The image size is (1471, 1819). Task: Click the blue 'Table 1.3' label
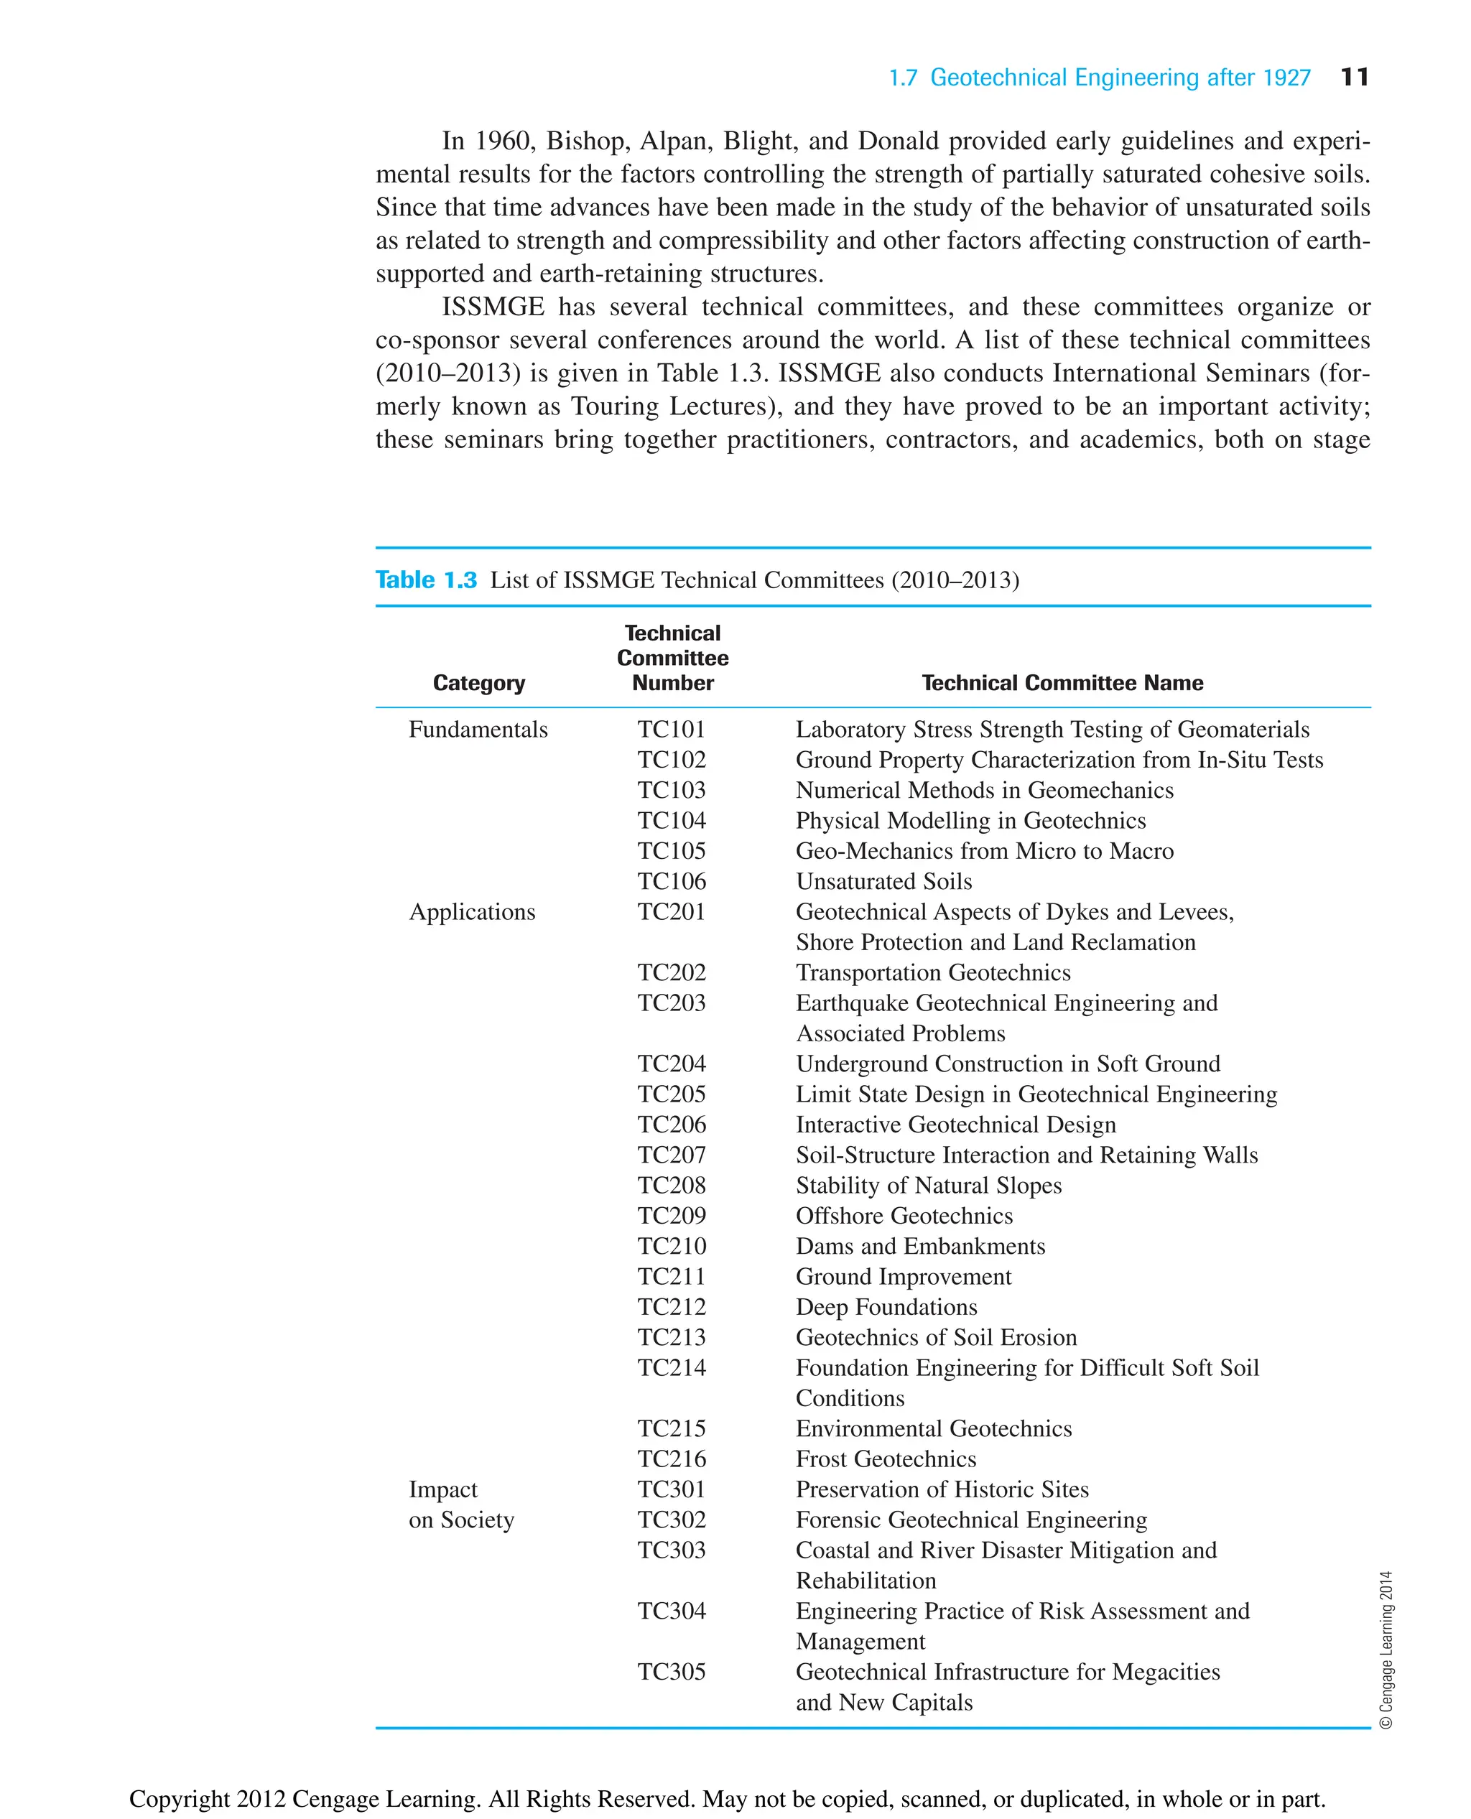[426, 580]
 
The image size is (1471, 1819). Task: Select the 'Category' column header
[479, 683]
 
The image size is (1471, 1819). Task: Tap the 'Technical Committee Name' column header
[1062, 683]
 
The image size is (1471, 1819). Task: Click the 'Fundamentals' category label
[478, 730]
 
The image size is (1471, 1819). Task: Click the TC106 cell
[671, 881]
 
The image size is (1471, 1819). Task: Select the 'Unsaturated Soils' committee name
[883, 881]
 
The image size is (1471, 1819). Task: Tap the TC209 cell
[671, 1216]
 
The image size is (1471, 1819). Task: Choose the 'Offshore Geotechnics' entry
[904, 1216]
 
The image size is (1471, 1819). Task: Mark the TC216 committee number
[671, 1459]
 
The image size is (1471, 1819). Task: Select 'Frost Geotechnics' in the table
[886, 1459]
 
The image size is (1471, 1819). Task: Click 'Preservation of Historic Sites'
[942, 1489]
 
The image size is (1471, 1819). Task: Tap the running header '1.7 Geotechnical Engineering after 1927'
[1099, 78]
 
